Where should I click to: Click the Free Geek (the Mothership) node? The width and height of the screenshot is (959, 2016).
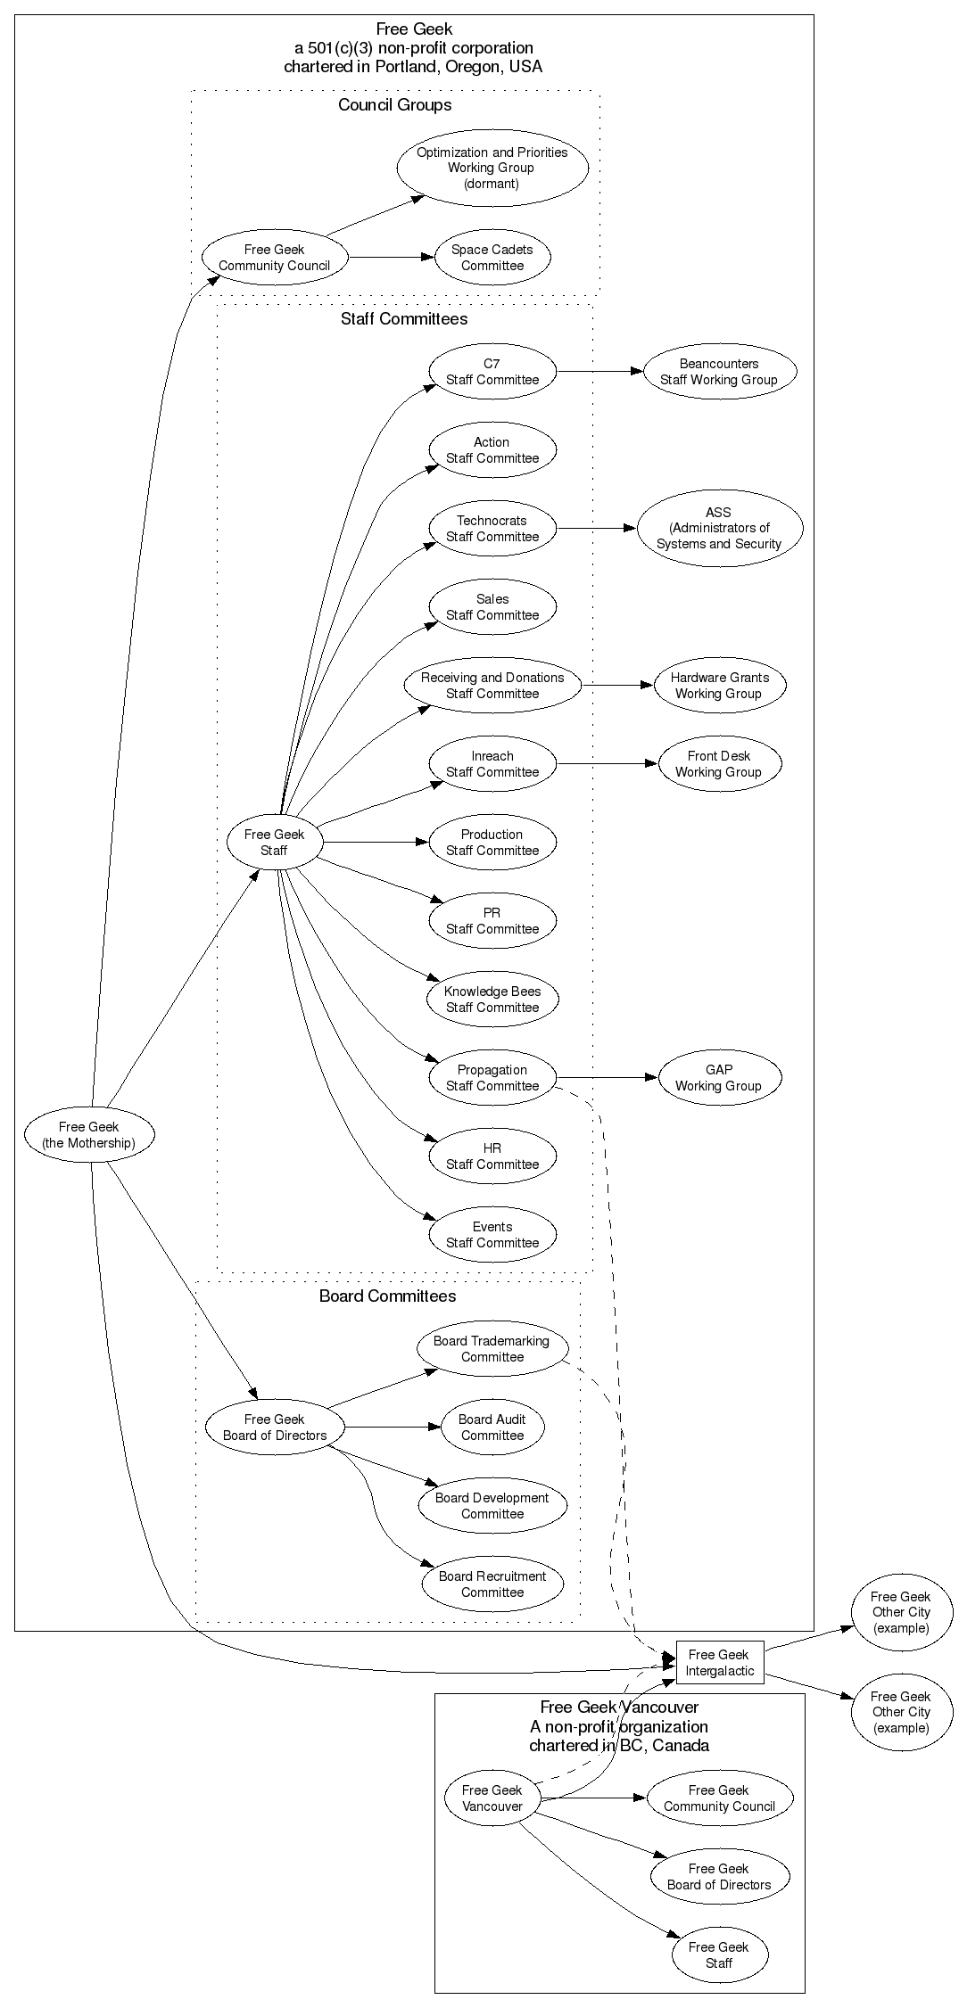pyautogui.click(x=89, y=1135)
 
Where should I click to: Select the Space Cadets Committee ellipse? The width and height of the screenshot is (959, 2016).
pyautogui.click(x=492, y=258)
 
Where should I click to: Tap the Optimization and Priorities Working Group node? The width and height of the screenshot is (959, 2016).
pyautogui.click(x=492, y=168)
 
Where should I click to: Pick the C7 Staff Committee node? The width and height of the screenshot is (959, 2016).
pyautogui.click(x=492, y=372)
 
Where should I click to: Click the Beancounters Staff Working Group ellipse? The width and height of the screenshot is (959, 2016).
pyautogui.click(x=719, y=372)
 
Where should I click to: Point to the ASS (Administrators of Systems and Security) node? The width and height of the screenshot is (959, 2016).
pyautogui.click(x=719, y=528)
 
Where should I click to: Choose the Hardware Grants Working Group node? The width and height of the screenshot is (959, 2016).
pyautogui.click(x=719, y=686)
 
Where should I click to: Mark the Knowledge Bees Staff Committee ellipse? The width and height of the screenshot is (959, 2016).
pyautogui.click(x=492, y=1000)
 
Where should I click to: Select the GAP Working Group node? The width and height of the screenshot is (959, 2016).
pyautogui.click(x=719, y=1078)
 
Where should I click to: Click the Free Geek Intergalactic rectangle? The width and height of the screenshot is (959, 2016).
pyautogui.click(x=720, y=1663)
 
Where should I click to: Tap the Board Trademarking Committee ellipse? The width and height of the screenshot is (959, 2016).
pyautogui.click(x=492, y=1349)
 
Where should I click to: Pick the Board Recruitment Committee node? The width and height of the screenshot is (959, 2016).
pyautogui.click(x=492, y=1584)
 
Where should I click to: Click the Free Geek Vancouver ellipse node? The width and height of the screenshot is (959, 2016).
pyautogui.click(x=492, y=1798)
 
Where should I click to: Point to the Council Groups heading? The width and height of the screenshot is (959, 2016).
pyautogui.click(x=394, y=105)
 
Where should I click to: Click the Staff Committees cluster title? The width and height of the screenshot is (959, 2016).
pyautogui.click(x=403, y=319)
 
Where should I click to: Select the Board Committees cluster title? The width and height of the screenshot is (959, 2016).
pyautogui.click(x=387, y=1296)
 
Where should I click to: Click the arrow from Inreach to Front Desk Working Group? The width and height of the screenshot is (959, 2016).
pyautogui.click(x=607, y=764)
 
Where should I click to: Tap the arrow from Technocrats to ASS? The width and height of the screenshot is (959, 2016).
pyautogui.click(x=596, y=529)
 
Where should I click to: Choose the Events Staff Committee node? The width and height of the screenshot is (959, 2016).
pyautogui.click(x=492, y=1235)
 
